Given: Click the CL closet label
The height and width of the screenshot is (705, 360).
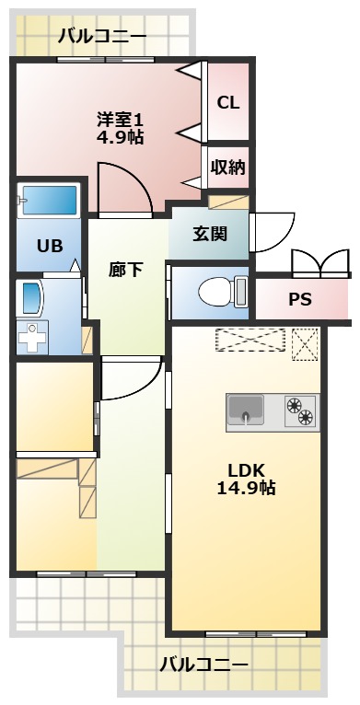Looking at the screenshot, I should (227, 102).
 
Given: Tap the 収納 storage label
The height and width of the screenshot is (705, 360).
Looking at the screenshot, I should (227, 167).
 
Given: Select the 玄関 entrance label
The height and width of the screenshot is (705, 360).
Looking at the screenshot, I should (210, 233).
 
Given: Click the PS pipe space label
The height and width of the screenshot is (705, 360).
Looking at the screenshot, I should (300, 299).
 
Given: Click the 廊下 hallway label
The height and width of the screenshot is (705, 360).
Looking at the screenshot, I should (125, 269).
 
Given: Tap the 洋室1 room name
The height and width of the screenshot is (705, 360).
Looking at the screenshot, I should (121, 120).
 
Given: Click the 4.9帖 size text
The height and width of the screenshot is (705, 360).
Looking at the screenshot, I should (121, 137).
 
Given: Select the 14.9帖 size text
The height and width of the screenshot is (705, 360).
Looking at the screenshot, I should (246, 487).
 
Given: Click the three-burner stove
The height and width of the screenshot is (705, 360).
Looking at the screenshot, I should (301, 411).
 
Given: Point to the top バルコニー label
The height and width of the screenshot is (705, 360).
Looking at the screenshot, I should (102, 37).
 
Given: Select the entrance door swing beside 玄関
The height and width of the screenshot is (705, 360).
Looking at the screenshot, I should (273, 233).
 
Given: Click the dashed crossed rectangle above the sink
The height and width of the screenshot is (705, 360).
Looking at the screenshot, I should (252, 340).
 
